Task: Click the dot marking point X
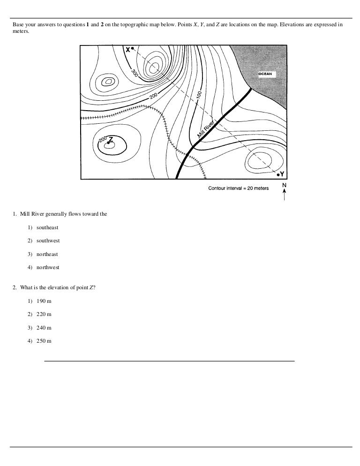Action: tap(133, 48)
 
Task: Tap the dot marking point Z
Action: tap(108, 142)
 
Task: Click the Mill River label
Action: tap(206, 129)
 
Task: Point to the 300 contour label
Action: tap(134, 74)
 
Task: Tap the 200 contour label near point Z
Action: tap(103, 139)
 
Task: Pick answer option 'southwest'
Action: tap(48, 241)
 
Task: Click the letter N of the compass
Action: tap(285, 185)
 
